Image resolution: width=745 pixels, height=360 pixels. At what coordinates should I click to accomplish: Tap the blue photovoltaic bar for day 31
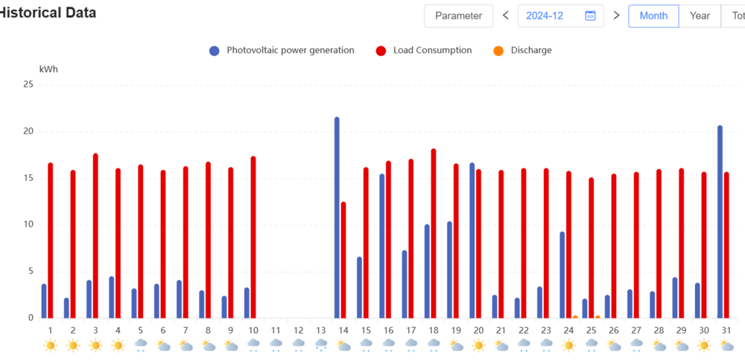[720, 221]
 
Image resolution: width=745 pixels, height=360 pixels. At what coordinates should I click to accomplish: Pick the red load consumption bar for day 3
[95, 236]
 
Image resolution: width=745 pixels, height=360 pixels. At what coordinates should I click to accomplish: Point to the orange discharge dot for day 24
[575, 318]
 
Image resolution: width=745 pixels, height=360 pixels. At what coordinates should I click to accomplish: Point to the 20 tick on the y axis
[28, 131]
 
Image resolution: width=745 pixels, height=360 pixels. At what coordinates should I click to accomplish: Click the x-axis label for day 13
[320, 330]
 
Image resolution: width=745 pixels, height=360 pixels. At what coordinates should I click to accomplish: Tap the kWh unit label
[48, 69]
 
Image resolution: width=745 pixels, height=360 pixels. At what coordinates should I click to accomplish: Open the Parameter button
[458, 16]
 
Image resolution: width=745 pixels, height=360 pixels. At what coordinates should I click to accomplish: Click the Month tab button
[653, 16]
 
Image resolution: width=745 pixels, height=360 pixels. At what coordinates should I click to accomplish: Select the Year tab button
[700, 16]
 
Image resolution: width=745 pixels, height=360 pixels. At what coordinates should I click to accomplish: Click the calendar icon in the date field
[590, 16]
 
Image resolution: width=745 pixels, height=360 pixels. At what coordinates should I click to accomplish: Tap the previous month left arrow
[506, 16]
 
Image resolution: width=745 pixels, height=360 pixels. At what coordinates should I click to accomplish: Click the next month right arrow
[616, 16]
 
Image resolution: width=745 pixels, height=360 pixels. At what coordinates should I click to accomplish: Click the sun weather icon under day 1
[50, 345]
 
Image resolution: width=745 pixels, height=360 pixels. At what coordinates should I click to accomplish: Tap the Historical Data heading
[48, 13]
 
